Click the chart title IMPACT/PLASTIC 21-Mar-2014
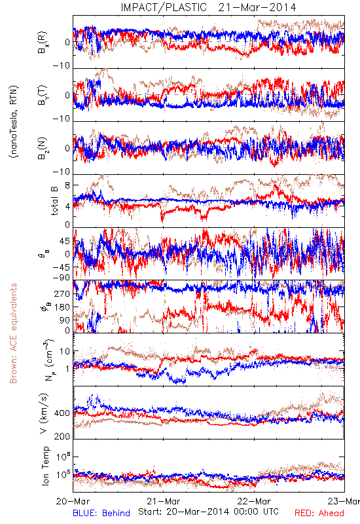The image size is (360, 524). (x=208, y=7)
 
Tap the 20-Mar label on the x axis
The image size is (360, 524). (x=73, y=501)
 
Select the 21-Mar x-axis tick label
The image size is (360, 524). (x=164, y=501)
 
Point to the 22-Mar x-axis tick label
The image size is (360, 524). (x=255, y=501)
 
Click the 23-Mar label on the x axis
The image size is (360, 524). (x=344, y=501)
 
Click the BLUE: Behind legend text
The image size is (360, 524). (x=101, y=513)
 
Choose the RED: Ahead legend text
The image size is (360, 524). (x=319, y=513)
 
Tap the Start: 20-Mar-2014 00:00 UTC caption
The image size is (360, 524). (x=208, y=512)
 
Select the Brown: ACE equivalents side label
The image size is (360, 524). (x=13, y=333)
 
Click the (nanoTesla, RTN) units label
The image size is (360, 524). (x=14, y=121)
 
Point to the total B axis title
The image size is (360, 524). (x=54, y=200)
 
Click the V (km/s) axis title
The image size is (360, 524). (x=44, y=414)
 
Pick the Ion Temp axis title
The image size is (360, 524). (x=45, y=466)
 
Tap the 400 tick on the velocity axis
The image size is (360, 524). (x=62, y=413)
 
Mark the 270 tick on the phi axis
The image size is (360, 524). (x=62, y=293)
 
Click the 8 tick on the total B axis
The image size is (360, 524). (x=67, y=185)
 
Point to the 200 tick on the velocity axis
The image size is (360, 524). (x=62, y=436)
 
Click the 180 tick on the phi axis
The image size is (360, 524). (x=62, y=307)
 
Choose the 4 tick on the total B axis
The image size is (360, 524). (x=67, y=206)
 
